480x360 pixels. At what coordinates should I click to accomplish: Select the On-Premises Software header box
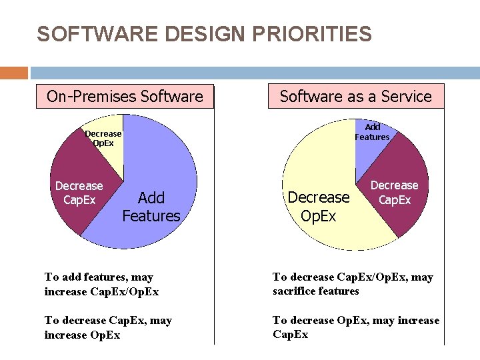pyautogui.click(x=125, y=96)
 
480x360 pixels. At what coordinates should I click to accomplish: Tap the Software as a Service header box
pyautogui.click(x=355, y=96)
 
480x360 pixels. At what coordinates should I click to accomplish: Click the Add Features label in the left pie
pyautogui.click(x=151, y=207)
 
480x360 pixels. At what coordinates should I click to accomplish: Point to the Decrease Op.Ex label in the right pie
pyautogui.click(x=319, y=207)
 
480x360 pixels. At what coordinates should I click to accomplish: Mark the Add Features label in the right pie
pyautogui.click(x=372, y=132)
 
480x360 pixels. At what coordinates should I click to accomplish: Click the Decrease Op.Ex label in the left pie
pyautogui.click(x=103, y=138)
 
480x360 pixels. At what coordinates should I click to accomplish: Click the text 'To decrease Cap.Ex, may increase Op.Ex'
pyautogui.click(x=108, y=327)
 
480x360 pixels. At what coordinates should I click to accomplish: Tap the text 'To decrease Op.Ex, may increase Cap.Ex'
pyautogui.click(x=355, y=327)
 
